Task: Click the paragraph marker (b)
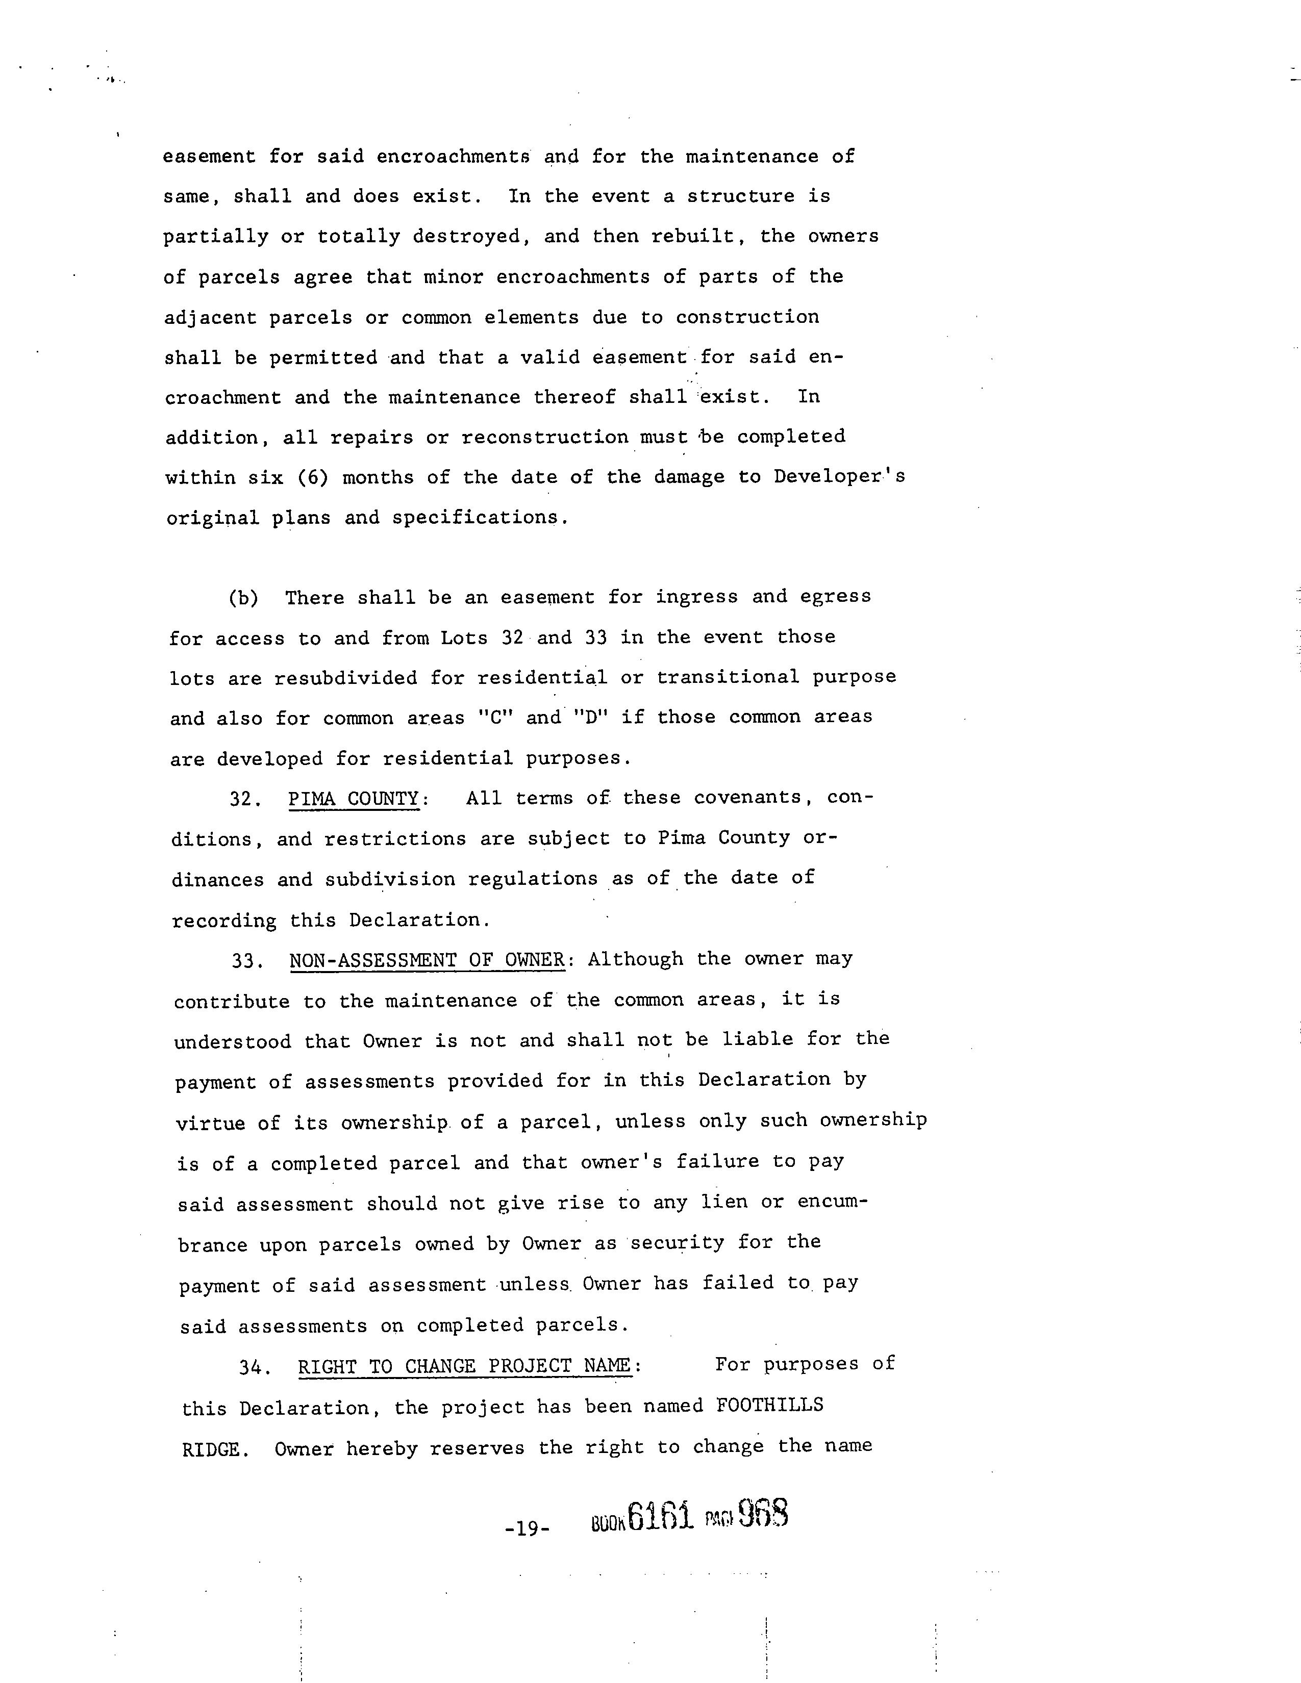pyautogui.click(x=243, y=598)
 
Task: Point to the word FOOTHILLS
pyautogui.click(x=769, y=1406)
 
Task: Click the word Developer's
pyautogui.click(x=839, y=476)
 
